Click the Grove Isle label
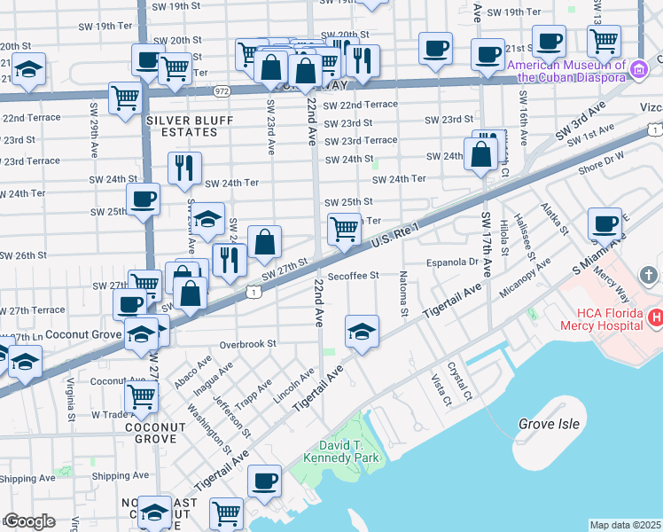549,424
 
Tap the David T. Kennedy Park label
341,451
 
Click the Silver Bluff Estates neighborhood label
182,126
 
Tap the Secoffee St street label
353,276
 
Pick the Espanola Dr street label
451,262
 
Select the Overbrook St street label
248,343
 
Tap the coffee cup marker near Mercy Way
605,225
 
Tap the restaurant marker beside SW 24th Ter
184,168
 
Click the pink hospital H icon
655,317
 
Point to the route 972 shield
222,90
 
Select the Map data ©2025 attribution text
626,525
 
